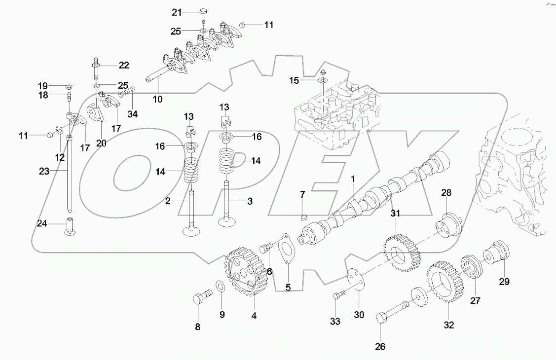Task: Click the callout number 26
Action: [x=379, y=347]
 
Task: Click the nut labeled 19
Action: [x=70, y=84]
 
